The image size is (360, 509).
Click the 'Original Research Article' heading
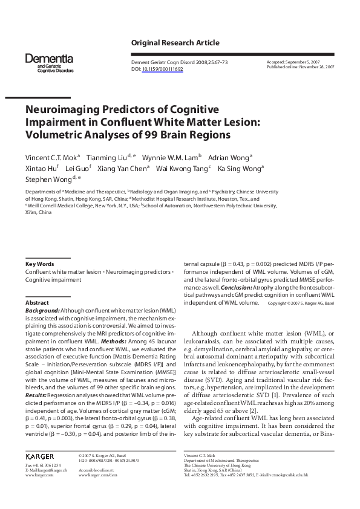175,43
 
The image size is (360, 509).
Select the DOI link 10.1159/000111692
162,70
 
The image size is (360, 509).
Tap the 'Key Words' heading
39,264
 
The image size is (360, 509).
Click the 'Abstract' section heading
37,302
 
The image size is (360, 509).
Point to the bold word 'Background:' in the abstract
42,310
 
